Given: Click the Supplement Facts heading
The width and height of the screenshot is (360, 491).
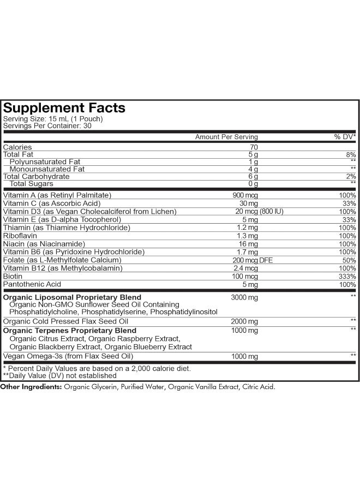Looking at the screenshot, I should point(64,107).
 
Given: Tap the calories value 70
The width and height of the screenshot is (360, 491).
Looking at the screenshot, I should point(253,147).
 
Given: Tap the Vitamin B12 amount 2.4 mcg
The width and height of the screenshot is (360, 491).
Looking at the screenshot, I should point(247,268).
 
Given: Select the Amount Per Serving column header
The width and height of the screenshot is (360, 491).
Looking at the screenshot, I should point(226,137).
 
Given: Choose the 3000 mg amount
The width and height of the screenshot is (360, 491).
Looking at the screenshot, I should point(245,297).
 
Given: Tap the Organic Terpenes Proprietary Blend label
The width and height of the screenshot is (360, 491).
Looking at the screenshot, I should point(70,331).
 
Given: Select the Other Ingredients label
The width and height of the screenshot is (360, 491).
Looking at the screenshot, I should point(31,387).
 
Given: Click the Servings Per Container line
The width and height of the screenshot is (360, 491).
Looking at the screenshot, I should point(47,125).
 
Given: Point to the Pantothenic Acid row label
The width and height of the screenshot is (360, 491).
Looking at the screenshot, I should point(32,284).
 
